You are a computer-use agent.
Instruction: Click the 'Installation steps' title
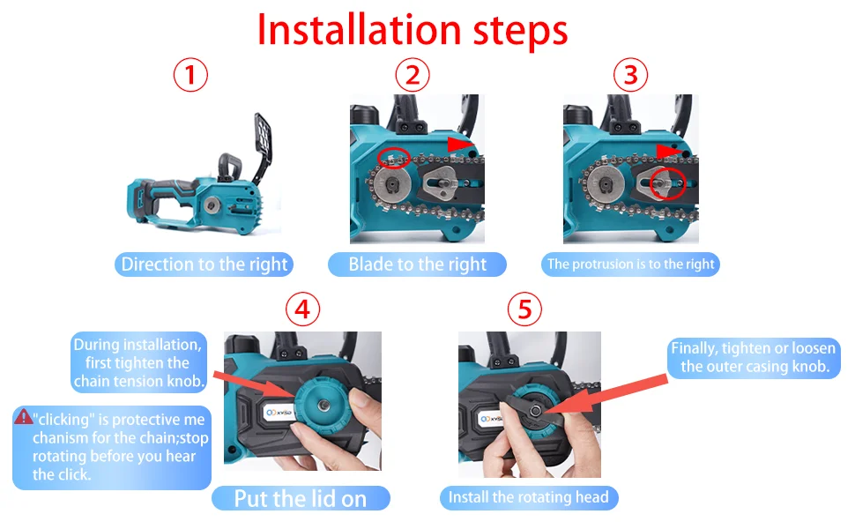(x=413, y=30)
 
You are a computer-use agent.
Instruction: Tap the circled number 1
(x=190, y=75)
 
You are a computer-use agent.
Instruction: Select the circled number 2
(x=413, y=75)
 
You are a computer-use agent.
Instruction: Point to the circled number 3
(x=630, y=75)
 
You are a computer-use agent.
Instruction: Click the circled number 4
(x=302, y=309)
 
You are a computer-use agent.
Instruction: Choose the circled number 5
(x=524, y=309)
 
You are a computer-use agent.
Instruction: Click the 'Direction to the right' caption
(x=204, y=264)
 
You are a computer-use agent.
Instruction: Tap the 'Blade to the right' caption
(x=417, y=264)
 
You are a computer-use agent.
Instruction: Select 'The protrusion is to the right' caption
(x=630, y=264)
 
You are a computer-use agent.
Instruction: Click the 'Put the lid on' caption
(x=301, y=498)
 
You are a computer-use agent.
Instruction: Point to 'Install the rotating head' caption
(x=528, y=497)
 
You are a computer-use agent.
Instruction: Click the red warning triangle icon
(x=24, y=417)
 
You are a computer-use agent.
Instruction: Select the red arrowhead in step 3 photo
(x=670, y=152)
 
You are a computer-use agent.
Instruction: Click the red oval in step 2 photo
(x=394, y=158)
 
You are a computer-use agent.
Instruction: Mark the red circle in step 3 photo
(x=668, y=183)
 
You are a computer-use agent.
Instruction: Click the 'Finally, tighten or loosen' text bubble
(x=754, y=358)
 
